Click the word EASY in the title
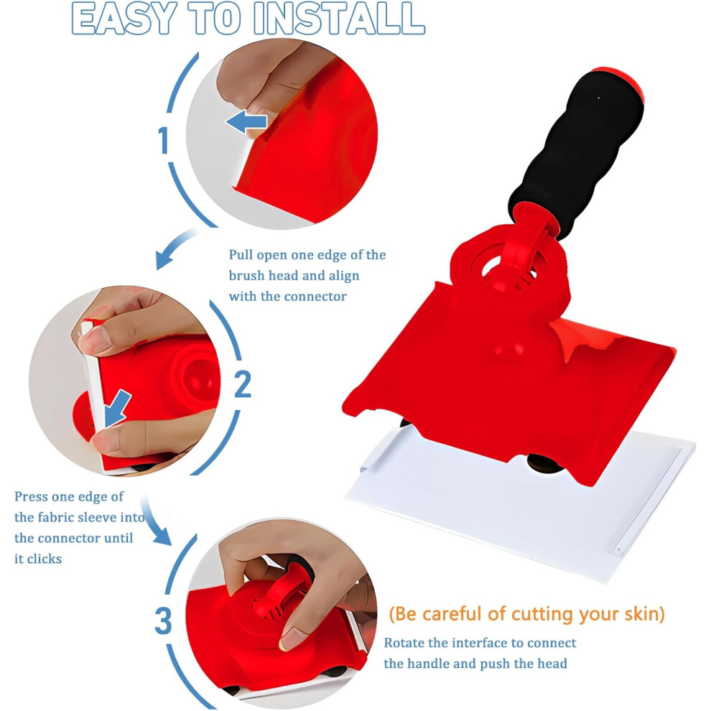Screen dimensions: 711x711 [x=124, y=19]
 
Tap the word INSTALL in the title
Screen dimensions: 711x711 [x=339, y=19]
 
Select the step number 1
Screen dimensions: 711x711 [x=163, y=140]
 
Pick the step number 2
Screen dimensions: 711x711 [x=243, y=384]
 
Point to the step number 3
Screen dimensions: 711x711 [x=163, y=621]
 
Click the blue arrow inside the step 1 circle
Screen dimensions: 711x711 [x=246, y=121]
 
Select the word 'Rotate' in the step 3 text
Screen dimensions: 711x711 [x=404, y=643]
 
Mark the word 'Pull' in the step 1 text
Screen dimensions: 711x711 [x=241, y=254]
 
